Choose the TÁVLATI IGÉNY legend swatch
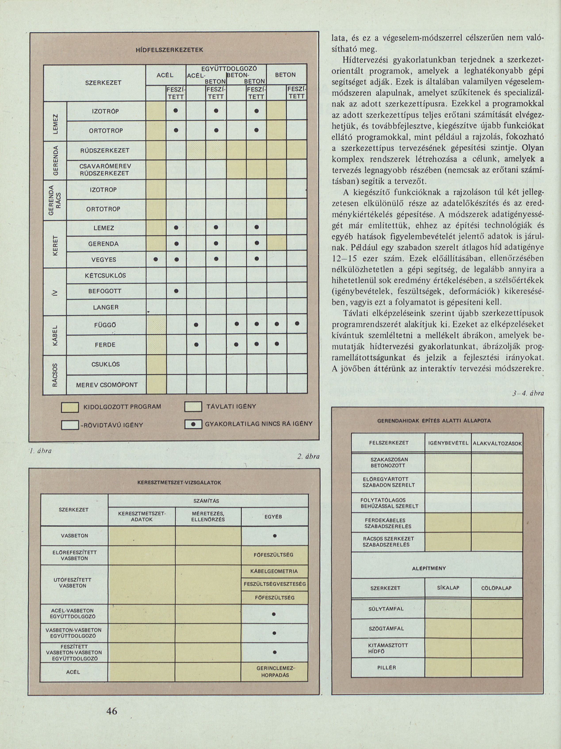pos(193,406)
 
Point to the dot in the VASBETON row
pos(274,536)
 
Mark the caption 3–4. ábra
pos(528,394)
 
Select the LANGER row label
pos(106,307)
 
